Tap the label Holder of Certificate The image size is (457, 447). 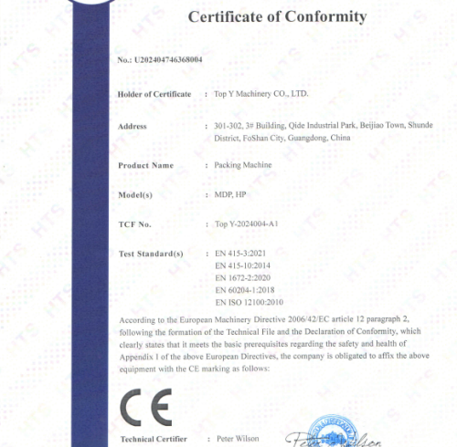(x=154, y=94)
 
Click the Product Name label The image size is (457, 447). (x=146, y=165)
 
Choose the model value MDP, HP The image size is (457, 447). (x=229, y=194)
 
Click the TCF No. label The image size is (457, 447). (x=135, y=223)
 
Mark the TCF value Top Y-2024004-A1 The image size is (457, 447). (x=246, y=223)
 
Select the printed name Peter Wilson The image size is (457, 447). (x=239, y=439)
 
